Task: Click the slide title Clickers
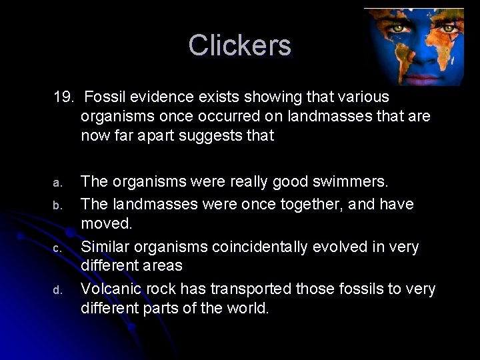tap(239, 45)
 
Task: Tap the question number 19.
tap(65, 97)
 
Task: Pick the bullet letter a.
tap(57, 183)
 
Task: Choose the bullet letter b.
tap(57, 205)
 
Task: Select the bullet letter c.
tap(57, 248)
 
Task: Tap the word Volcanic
tap(109, 289)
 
